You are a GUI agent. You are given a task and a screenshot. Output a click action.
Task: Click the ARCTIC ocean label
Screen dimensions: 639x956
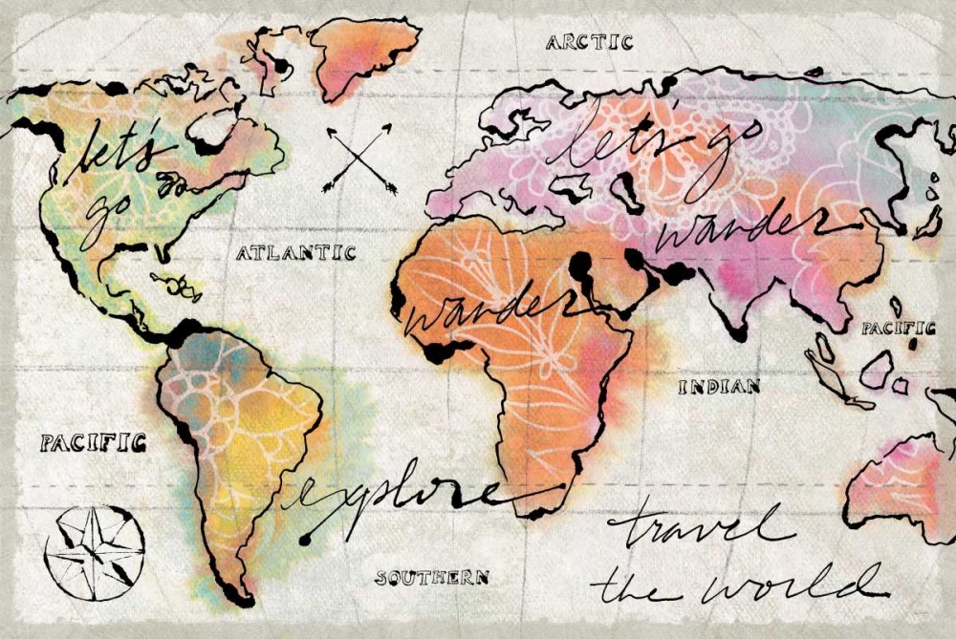pyautogui.click(x=589, y=42)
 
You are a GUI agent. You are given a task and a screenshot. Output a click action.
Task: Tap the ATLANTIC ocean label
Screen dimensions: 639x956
pyautogui.click(x=295, y=253)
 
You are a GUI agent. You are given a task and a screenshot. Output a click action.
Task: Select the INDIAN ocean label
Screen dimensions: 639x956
pyautogui.click(x=719, y=387)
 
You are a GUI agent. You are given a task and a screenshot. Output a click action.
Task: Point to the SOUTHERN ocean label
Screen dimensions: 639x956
pyautogui.click(x=431, y=577)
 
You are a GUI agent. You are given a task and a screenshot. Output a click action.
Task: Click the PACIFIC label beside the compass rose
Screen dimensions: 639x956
pyautogui.click(x=93, y=442)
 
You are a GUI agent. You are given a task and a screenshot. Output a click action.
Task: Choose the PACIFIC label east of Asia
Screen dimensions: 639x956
pyautogui.click(x=898, y=328)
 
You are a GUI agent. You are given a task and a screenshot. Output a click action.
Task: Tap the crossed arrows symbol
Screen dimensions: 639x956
pyautogui.click(x=360, y=159)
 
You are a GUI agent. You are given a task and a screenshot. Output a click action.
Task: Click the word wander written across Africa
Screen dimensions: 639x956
pyautogui.click(x=483, y=310)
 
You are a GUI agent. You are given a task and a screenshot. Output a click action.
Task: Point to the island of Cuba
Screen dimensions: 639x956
pyautogui.click(x=173, y=281)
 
